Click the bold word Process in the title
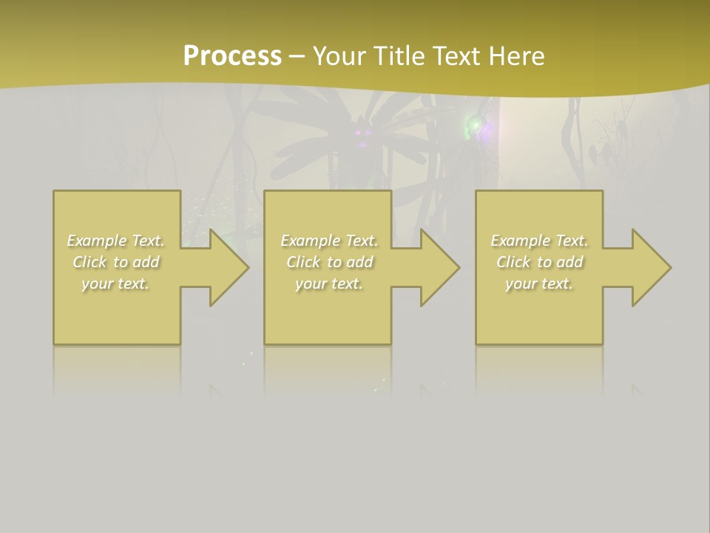pyautogui.click(x=232, y=56)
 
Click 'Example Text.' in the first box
pyautogui.click(x=116, y=241)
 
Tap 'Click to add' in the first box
pyautogui.click(x=116, y=262)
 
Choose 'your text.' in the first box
pyautogui.click(x=116, y=284)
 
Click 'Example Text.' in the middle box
pyautogui.click(x=329, y=241)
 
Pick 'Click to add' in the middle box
pyautogui.click(x=329, y=262)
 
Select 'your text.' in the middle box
pyautogui.click(x=329, y=284)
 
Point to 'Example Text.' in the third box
pyautogui.click(x=539, y=241)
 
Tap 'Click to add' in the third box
pyautogui.click(x=539, y=262)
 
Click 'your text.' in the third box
pyautogui.click(x=539, y=284)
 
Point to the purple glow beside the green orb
pyautogui.click(x=488, y=132)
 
